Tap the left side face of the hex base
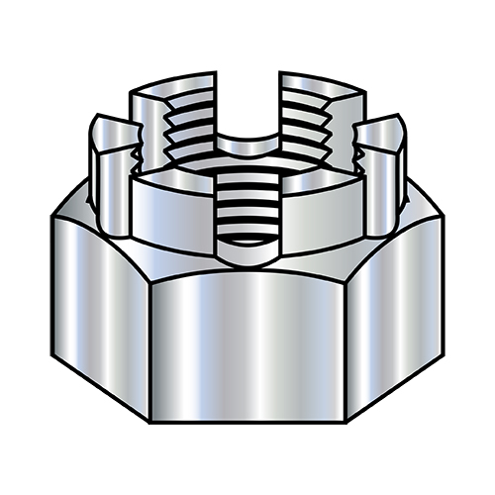click(99, 297)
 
